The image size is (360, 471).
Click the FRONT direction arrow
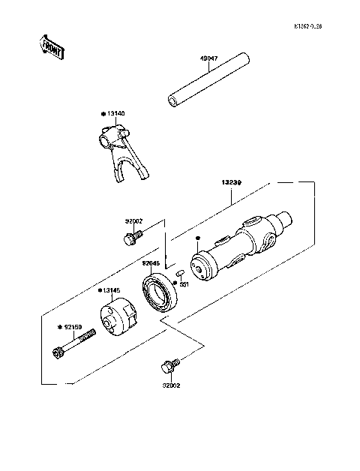(x=51, y=46)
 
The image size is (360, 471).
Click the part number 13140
(x=115, y=113)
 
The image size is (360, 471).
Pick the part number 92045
(x=152, y=263)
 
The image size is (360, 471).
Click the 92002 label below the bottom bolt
(x=170, y=388)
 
